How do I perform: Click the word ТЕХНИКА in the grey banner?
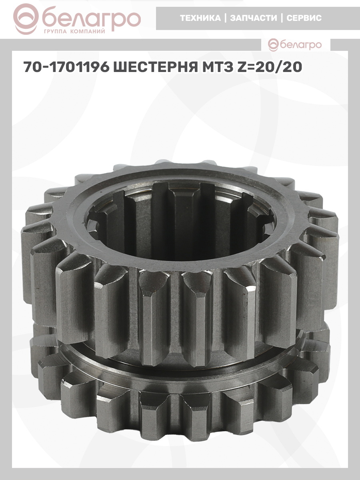point(200,18)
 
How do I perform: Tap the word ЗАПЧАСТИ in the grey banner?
point(254,18)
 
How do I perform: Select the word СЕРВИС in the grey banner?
point(304,18)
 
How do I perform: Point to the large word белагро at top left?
point(91,19)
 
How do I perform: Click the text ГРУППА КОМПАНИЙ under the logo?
point(74,32)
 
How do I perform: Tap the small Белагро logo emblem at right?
point(274,45)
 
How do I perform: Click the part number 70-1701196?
point(66,67)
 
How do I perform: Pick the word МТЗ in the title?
point(217,67)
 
